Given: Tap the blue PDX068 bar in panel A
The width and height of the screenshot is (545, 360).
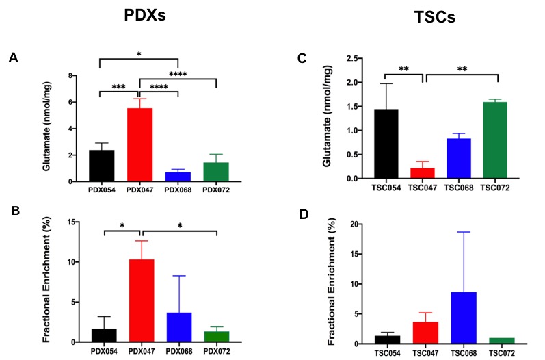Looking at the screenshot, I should pos(178,177).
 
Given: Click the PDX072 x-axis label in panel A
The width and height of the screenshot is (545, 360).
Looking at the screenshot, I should pos(216,189).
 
